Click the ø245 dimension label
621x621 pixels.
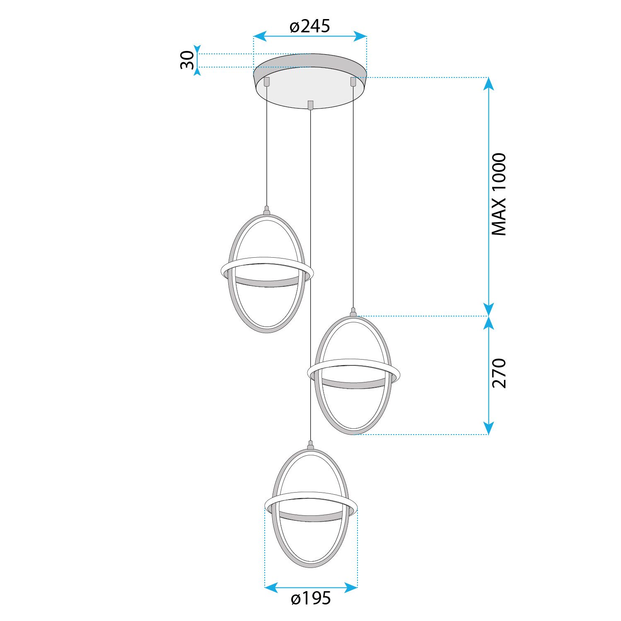tap(310, 27)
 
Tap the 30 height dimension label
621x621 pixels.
tap(187, 60)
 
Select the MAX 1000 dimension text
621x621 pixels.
tap(499, 194)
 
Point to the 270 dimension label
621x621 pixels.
tap(499, 373)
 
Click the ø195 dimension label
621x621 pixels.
tap(311, 598)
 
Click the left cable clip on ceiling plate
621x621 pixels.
tap(267, 81)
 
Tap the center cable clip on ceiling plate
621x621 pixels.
tap(310, 105)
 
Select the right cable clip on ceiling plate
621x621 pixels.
tap(353, 82)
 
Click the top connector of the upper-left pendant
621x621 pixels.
tap(267, 210)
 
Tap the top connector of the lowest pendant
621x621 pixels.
tap(310, 445)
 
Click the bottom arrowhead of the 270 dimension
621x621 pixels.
tap(489, 428)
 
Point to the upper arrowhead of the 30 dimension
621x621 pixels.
tap(198, 49)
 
